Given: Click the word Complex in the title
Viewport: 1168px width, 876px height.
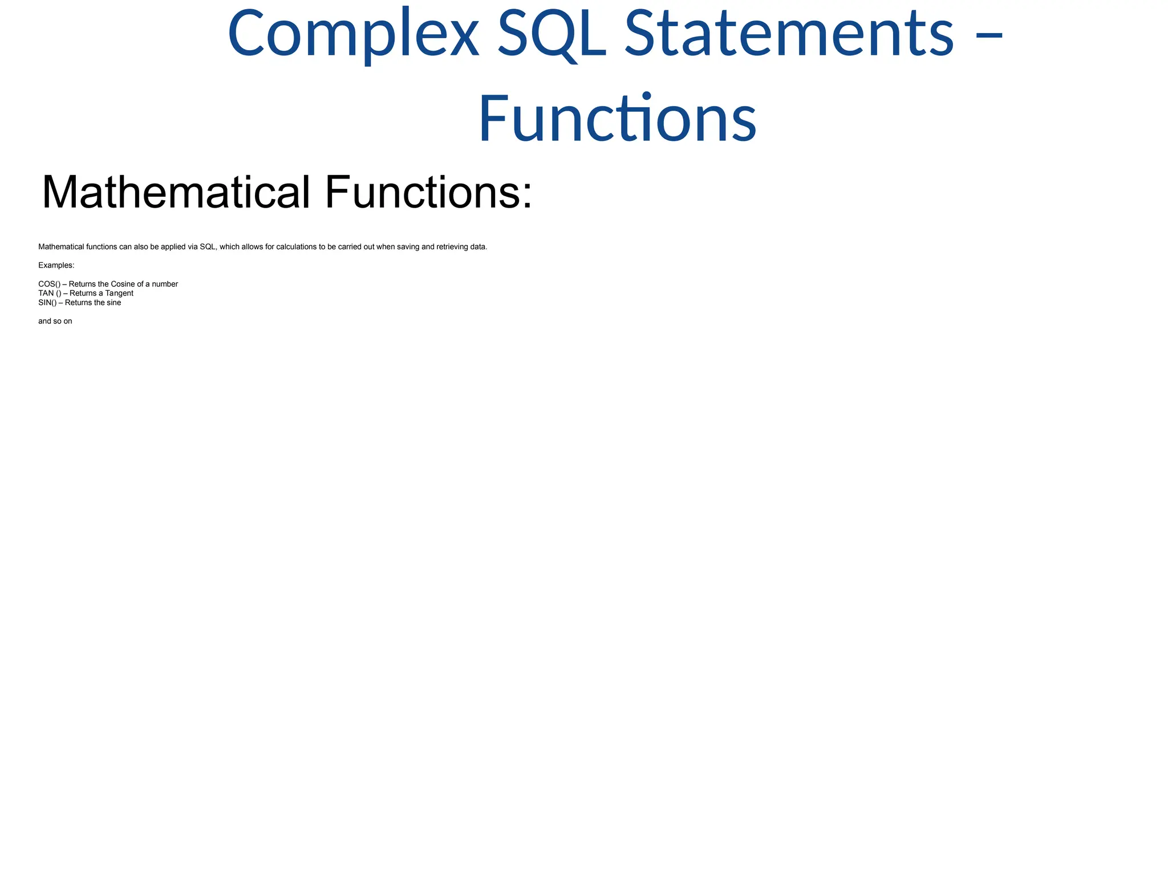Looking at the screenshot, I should click(353, 34).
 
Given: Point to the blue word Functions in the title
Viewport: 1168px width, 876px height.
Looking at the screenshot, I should click(617, 119).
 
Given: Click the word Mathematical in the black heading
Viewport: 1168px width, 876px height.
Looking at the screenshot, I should click(176, 192).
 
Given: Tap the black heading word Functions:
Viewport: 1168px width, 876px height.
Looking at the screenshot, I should click(428, 192).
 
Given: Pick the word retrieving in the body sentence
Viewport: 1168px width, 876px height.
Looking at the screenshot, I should click(452, 247).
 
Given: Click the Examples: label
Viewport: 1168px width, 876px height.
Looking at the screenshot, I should click(56, 265).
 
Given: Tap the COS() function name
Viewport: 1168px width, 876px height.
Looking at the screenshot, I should click(49, 284).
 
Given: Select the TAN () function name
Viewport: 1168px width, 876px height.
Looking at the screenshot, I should click(50, 293).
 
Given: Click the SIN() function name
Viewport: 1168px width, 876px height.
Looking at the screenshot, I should click(47, 303).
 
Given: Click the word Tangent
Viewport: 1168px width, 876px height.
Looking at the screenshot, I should click(119, 293).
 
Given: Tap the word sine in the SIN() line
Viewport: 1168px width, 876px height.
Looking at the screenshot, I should click(114, 303).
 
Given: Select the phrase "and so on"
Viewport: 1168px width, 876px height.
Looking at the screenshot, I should click(55, 321).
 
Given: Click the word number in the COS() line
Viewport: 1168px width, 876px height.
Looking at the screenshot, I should click(165, 284).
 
